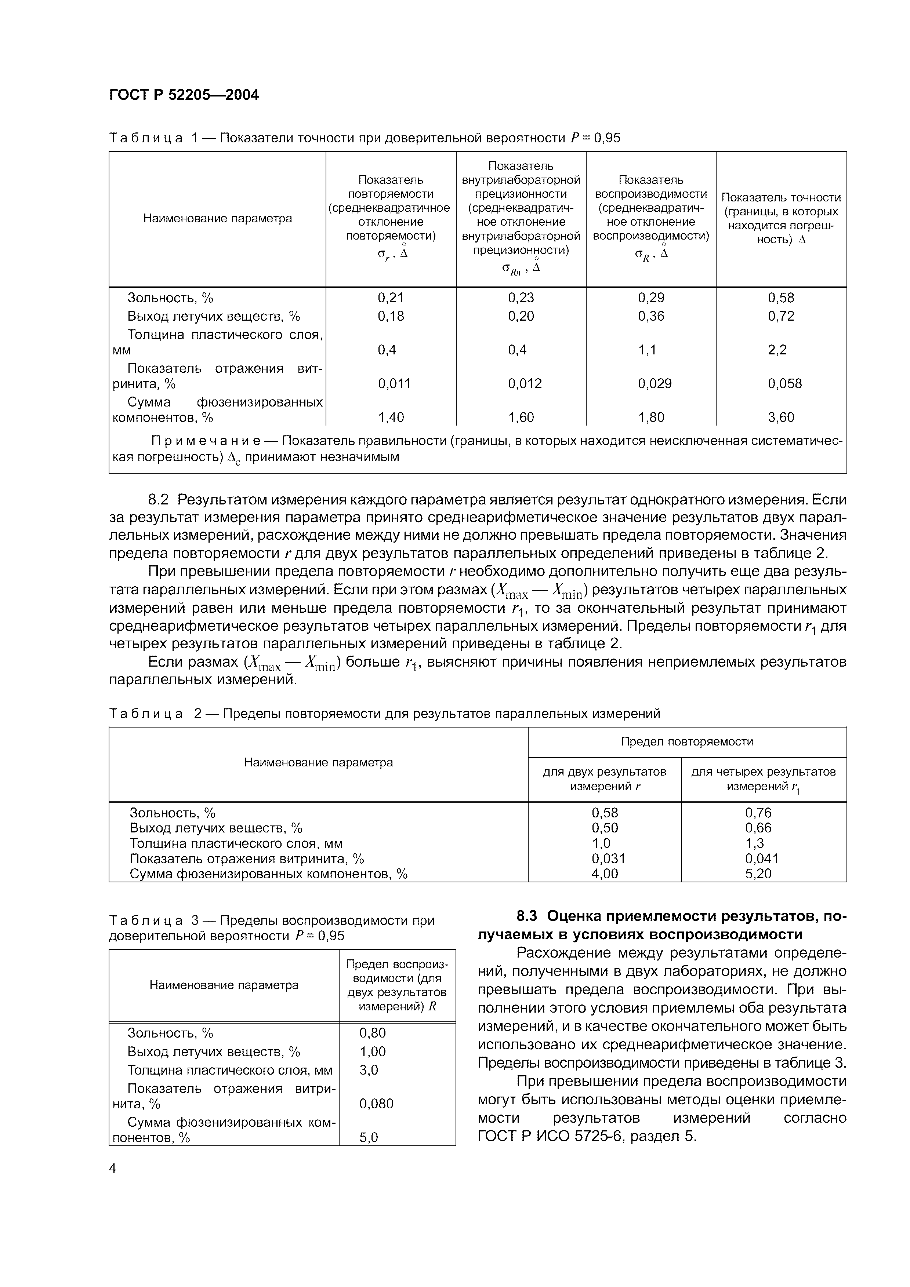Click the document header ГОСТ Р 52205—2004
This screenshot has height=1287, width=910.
coord(184,95)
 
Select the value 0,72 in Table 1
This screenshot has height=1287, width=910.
coord(781,316)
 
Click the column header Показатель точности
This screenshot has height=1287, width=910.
coord(781,197)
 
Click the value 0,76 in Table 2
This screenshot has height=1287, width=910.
coord(758,812)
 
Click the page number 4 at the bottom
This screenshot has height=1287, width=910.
coord(113,1169)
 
